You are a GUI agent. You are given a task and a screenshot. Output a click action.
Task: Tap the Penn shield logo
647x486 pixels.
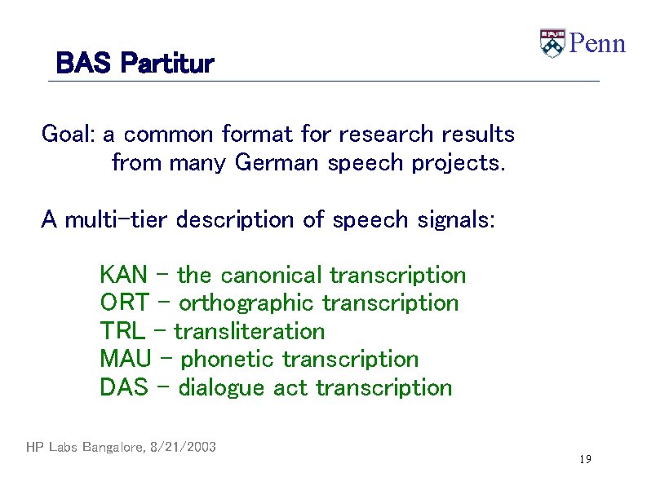552,43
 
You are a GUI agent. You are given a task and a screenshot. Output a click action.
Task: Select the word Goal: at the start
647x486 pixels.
69,134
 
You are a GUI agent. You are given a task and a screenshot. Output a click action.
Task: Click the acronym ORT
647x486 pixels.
124,303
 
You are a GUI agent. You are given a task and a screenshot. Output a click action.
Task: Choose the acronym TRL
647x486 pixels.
122,331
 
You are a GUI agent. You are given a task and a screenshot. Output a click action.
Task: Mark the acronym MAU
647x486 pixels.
125,359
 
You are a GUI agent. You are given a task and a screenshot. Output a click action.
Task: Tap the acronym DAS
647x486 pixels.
123,387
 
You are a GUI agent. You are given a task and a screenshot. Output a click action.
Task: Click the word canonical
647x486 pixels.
272,275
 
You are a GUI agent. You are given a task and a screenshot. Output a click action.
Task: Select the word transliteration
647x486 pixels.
249,331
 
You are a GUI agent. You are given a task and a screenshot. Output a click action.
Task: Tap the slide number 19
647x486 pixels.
585,460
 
